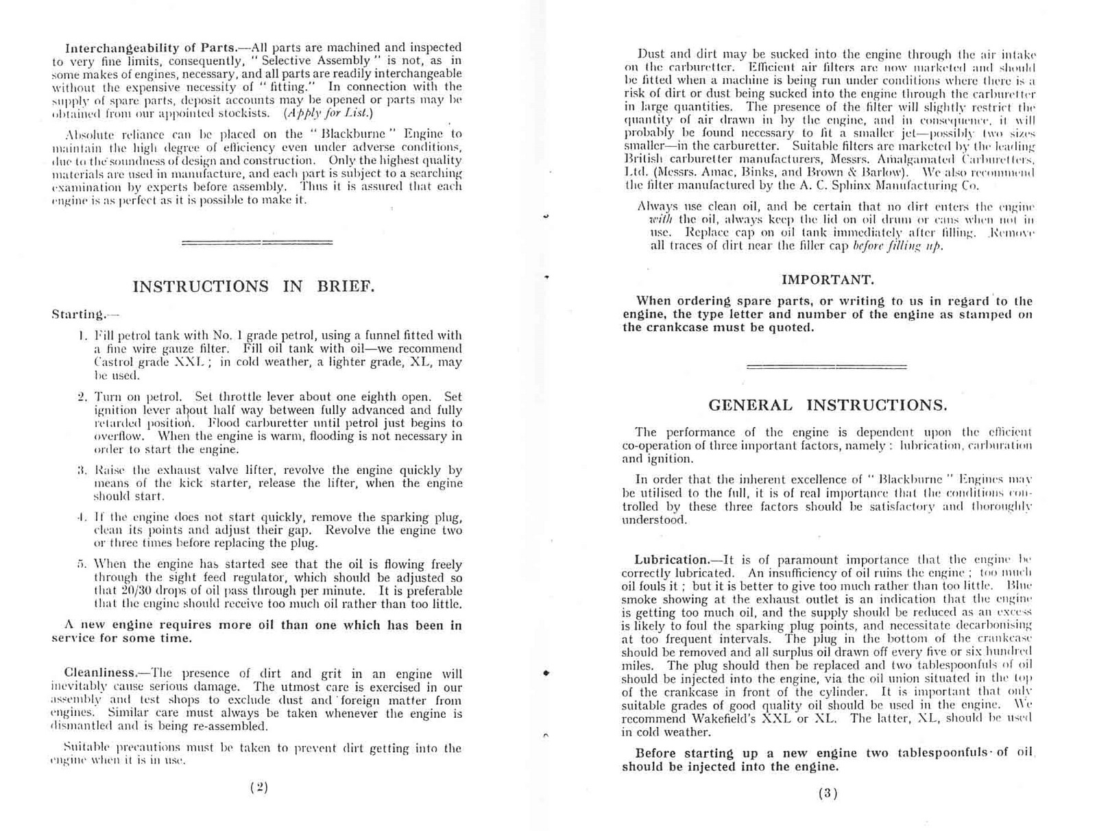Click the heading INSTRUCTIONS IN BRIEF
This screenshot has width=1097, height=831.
[x=253, y=287]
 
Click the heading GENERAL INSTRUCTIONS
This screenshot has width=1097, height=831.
[x=828, y=405]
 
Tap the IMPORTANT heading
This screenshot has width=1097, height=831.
[x=828, y=280]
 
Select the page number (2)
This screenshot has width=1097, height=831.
[x=258, y=787]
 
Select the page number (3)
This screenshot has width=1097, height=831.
[x=828, y=793]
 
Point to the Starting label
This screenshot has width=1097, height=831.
[x=77, y=315]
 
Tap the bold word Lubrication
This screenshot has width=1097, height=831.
[x=671, y=559]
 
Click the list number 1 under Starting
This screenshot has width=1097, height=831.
[x=82, y=336]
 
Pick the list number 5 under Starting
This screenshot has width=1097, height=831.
[x=82, y=565]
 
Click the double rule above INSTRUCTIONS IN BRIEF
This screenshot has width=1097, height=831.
[x=256, y=242]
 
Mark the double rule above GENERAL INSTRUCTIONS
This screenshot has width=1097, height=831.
[x=826, y=367]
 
